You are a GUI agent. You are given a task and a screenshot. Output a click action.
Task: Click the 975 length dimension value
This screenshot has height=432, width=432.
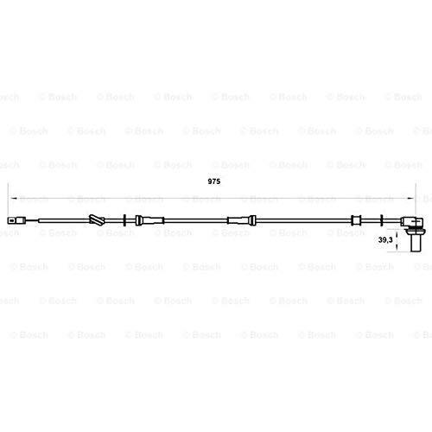tap(214, 181)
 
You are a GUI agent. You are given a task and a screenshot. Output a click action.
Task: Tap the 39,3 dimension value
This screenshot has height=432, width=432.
tap(385, 239)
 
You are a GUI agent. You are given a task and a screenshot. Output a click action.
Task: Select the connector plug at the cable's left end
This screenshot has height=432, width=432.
tap(16, 221)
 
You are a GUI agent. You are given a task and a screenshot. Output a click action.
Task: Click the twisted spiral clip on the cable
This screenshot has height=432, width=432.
tap(97, 220)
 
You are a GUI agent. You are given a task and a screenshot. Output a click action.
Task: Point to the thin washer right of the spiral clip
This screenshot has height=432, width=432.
tap(124, 220)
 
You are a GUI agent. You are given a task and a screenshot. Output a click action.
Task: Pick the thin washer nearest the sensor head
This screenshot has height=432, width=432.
tap(382, 220)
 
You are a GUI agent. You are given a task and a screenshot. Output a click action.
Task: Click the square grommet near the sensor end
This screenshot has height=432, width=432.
tap(356, 220)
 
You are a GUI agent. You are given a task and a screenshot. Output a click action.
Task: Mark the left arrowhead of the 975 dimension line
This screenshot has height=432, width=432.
tap(13, 199)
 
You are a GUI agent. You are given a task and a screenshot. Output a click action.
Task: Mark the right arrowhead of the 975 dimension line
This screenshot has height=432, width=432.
tap(410, 199)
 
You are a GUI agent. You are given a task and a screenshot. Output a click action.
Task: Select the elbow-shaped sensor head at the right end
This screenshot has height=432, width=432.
tap(412, 221)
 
